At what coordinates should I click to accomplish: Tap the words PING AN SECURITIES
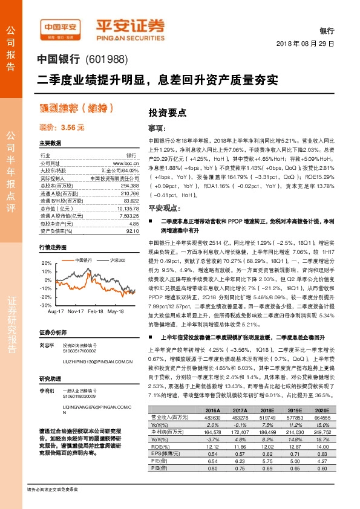tap(130, 36)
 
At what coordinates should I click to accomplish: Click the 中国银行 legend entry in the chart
tap(81, 259)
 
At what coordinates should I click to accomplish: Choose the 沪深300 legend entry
tap(116, 259)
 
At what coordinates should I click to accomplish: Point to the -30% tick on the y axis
tap(46, 306)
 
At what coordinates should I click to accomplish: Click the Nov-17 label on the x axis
tap(75, 312)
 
